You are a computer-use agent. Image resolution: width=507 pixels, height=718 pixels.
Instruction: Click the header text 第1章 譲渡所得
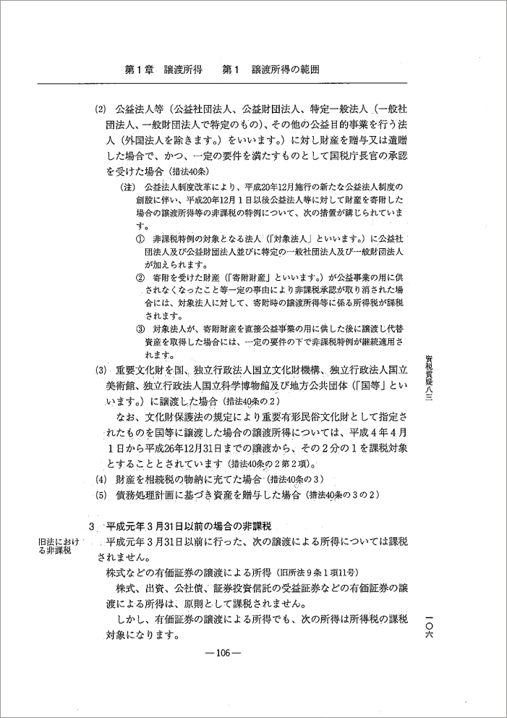point(164,71)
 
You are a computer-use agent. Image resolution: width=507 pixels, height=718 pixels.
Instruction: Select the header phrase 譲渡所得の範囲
point(286,71)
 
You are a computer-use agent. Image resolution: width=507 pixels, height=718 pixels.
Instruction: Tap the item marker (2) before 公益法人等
point(101,111)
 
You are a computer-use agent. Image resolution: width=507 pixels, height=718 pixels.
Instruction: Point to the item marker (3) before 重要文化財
point(101,370)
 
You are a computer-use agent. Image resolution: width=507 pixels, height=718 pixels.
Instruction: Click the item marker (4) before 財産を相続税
point(101,480)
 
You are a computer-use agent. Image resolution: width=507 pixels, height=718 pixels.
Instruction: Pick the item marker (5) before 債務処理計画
point(101,495)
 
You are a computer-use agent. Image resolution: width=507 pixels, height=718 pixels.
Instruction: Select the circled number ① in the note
point(140,238)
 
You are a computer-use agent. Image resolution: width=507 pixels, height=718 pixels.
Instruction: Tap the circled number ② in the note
point(140,277)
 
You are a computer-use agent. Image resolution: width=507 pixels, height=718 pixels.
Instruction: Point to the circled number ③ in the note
point(140,329)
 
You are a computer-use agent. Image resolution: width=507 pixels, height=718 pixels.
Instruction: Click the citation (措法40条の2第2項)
point(277,463)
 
